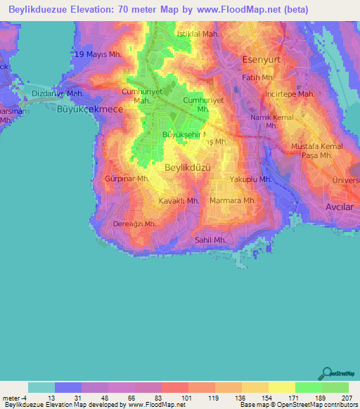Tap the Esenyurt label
(x=261, y=60)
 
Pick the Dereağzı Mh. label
(x=134, y=225)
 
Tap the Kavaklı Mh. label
(x=179, y=201)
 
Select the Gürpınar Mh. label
(x=127, y=180)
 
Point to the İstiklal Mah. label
(x=198, y=34)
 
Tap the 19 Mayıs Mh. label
(x=96, y=55)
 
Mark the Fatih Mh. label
(x=257, y=78)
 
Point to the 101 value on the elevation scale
(x=187, y=398)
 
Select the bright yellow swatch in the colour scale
(x=281, y=387)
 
